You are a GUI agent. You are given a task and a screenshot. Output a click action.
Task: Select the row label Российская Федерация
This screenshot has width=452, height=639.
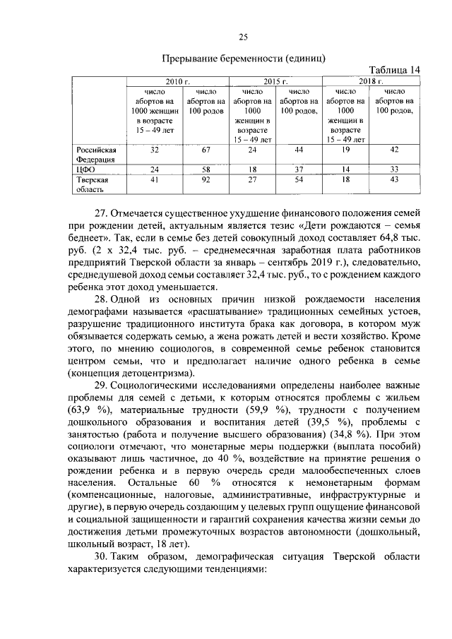click(96, 155)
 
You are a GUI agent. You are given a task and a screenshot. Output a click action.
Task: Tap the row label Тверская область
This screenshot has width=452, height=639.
click(92, 185)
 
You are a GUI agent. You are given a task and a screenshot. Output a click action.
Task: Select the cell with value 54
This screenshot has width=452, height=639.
click(299, 181)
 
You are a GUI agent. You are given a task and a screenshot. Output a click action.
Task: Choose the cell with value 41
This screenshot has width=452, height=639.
click(155, 181)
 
